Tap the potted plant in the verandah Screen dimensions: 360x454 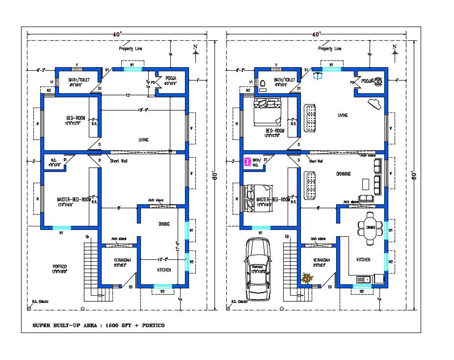click(x=307, y=278)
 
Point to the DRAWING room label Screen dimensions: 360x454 click(x=343, y=174)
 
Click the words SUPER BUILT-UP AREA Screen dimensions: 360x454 click(x=69, y=326)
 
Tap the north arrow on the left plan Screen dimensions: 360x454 click(x=195, y=49)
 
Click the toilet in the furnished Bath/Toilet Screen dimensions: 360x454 click(x=262, y=83)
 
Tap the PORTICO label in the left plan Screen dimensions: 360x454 click(x=60, y=266)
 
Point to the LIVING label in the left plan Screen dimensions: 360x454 click(x=143, y=140)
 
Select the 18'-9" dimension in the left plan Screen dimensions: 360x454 click(x=143, y=110)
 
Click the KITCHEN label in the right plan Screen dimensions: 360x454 click(x=363, y=259)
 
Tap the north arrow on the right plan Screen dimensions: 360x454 click(x=394, y=49)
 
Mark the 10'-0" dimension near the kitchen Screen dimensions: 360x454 click(x=163, y=259)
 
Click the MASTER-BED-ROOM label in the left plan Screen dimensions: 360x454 click(x=74, y=199)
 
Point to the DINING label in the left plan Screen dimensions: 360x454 click(x=164, y=224)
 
